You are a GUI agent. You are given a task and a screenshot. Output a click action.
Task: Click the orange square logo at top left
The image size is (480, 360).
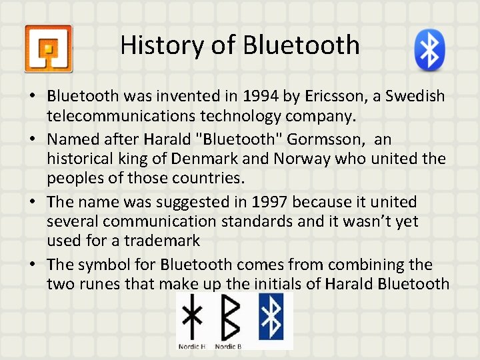pos(48,49)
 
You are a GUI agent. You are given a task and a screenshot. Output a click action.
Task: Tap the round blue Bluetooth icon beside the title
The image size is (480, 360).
pos(429,49)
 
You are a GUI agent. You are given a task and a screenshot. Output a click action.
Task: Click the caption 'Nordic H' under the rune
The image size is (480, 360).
pos(193,346)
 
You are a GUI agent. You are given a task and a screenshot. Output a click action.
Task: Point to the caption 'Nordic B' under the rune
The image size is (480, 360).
pos(229,346)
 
